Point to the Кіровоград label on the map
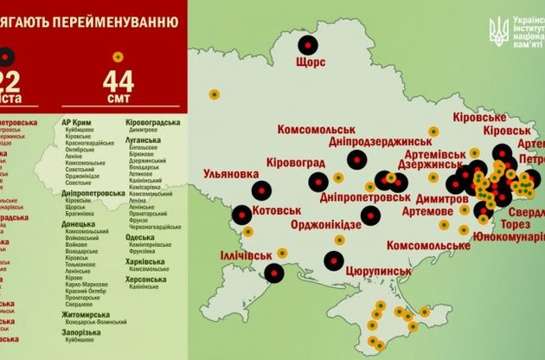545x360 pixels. click(298, 162)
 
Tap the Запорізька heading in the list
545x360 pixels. click(82, 332)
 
